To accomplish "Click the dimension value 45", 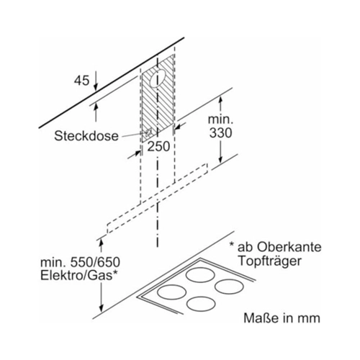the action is point(81,81).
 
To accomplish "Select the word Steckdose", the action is point(86,136).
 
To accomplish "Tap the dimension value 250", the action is point(158,146).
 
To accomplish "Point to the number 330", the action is point(220,133).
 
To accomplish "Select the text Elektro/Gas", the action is point(76,276).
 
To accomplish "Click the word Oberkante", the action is point(289,247).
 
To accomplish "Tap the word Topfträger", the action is point(270,261).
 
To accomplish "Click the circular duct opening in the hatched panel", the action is point(158,78).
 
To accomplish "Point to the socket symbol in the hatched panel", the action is point(148,132).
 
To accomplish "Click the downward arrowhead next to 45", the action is point(96,87).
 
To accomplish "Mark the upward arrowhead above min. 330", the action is point(220,102).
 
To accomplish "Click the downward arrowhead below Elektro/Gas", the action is point(102,307).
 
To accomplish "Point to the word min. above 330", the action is point(220,119).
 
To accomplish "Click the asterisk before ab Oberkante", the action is point(232,244).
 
